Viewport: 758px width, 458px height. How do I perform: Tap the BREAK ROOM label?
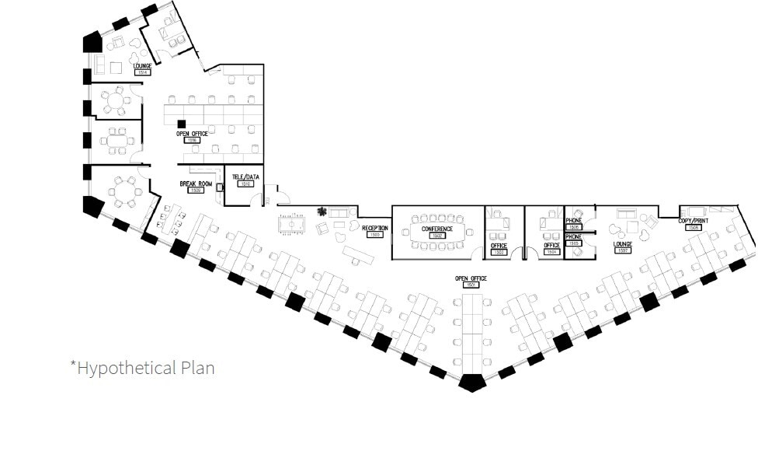pyautogui.click(x=196, y=184)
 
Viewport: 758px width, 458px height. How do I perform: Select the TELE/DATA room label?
pyautogui.click(x=245, y=177)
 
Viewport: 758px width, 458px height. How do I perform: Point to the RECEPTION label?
pyautogui.click(x=374, y=228)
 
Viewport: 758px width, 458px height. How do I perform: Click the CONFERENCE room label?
pyautogui.click(x=437, y=229)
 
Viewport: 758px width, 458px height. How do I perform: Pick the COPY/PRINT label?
pyautogui.click(x=694, y=221)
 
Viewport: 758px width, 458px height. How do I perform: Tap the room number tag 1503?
pyautogui.click(x=499, y=252)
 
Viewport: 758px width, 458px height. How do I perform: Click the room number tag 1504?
pyautogui.click(x=551, y=252)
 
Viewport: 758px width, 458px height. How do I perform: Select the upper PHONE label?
pyautogui.click(x=574, y=221)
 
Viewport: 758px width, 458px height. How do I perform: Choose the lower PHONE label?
pyautogui.click(x=574, y=236)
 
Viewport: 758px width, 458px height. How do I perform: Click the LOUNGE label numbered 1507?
pyautogui.click(x=623, y=244)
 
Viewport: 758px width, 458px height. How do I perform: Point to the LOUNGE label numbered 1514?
pyautogui.click(x=142, y=67)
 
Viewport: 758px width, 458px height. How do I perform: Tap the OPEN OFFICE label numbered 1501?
pyautogui.click(x=471, y=278)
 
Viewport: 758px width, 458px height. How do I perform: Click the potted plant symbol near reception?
pyautogui.click(x=322, y=211)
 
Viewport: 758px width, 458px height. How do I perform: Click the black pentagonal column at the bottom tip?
pyautogui.click(x=471, y=382)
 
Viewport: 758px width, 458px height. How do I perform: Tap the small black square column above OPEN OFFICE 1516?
pyautogui.click(x=181, y=124)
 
